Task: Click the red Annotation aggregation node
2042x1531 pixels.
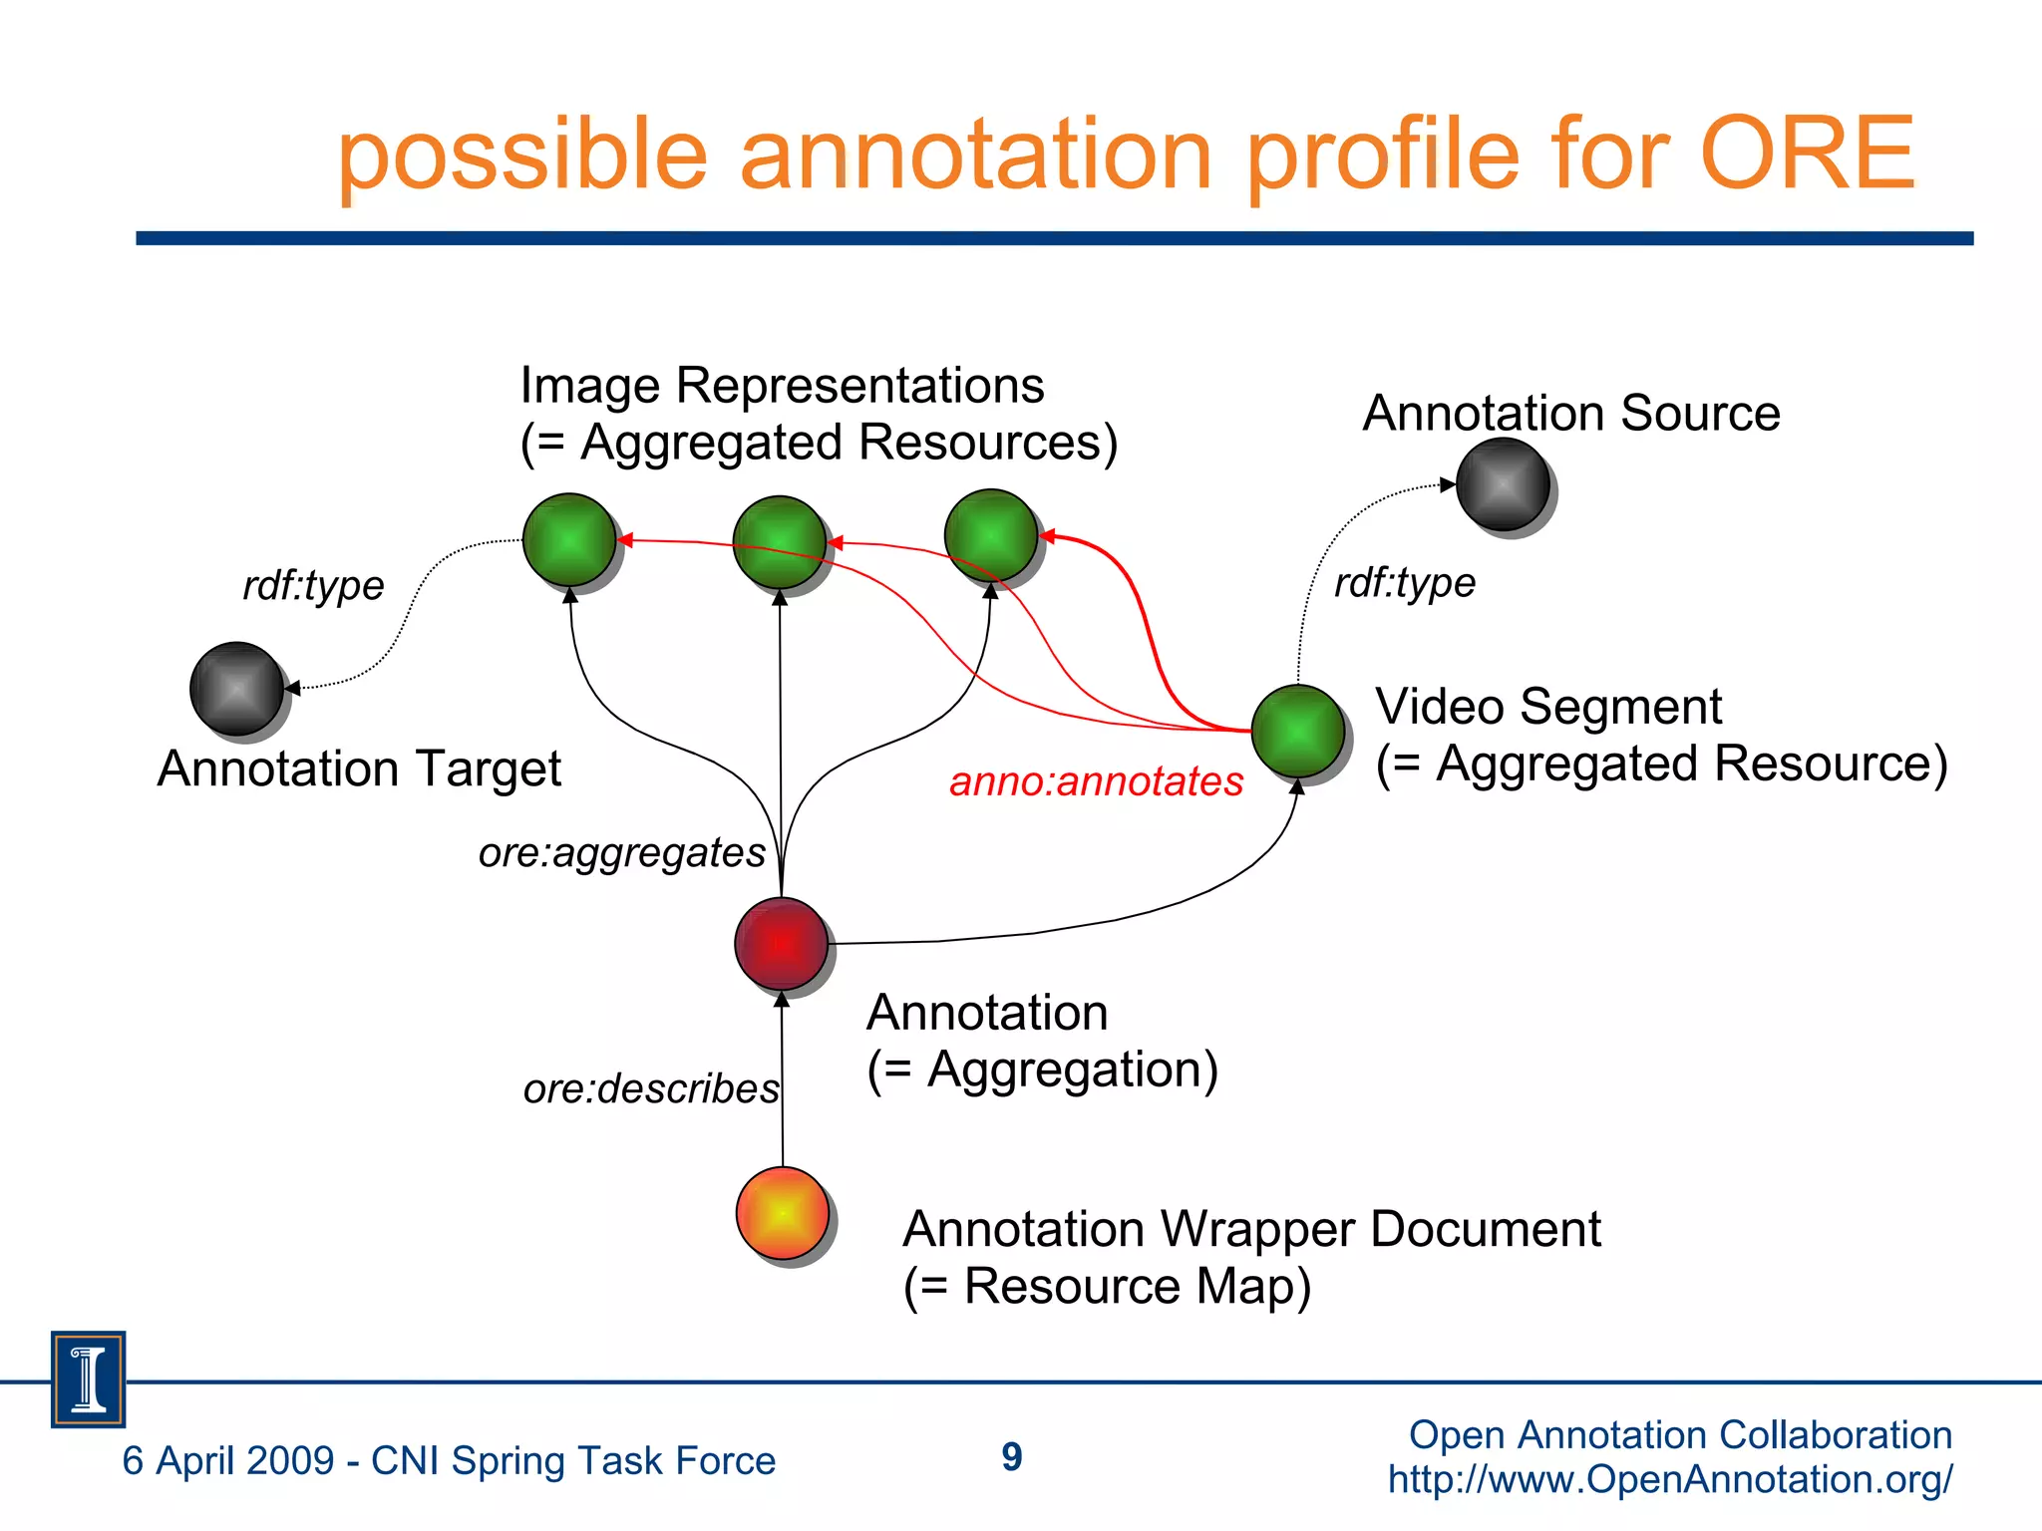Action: pos(782,943)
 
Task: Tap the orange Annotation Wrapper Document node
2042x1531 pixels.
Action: pos(783,1213)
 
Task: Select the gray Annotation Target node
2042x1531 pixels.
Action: pos(237,688)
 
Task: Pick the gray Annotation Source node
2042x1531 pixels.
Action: pos(1503,484)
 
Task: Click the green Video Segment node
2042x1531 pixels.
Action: pos(1297,731)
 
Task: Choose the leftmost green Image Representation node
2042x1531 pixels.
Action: pos(569,539)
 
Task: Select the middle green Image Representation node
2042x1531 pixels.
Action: pos(780,542)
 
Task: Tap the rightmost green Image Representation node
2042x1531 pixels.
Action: pos(990,535)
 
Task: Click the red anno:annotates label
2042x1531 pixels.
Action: pos(1096,781)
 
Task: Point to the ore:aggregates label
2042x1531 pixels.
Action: pos(621,853)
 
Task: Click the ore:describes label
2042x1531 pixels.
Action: pos(650,1088)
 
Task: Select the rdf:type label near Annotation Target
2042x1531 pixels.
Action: pos(313,585)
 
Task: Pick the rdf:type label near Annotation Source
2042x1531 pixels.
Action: pos(1404,583)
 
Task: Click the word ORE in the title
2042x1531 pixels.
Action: pos(1807,153)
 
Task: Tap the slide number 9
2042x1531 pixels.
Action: pos(1012,1457)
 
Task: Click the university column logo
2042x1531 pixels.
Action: pos(89,1379)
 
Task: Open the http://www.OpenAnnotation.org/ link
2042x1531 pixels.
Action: pos(1670,1479)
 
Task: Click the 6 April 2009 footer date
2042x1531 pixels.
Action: pos(228,1461)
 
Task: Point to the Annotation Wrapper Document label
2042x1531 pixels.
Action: pos(1251,1229)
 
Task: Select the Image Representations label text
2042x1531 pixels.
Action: pos(782,386)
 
